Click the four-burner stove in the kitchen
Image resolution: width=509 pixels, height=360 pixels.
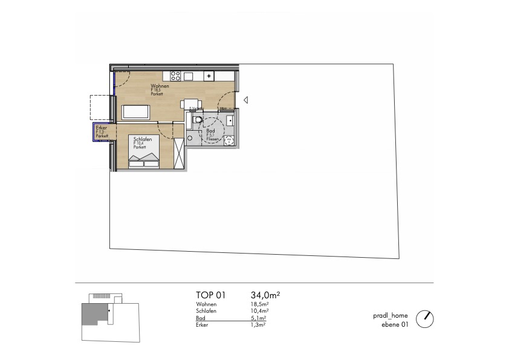coord(176,76)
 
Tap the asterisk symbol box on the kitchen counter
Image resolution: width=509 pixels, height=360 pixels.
coord(209,76)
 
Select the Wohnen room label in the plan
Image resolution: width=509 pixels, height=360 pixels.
coord(160,87)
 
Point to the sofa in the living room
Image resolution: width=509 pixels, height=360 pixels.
coord(136,113)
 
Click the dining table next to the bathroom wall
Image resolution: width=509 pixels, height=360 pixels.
coord(190,103)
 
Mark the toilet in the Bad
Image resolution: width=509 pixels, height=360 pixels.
coord(196,120)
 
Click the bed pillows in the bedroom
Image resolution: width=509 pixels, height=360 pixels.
coord(144,159)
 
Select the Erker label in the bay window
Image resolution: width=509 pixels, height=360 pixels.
coord(102,128)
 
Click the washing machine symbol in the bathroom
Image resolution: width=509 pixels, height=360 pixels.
coord(229,141)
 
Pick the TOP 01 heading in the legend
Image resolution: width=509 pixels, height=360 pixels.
coord(210,295)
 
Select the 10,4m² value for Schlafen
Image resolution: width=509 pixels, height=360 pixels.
coord(258,310)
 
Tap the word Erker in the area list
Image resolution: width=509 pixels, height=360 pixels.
coord(203,324)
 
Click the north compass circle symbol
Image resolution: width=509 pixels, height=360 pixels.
coord(426,318)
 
